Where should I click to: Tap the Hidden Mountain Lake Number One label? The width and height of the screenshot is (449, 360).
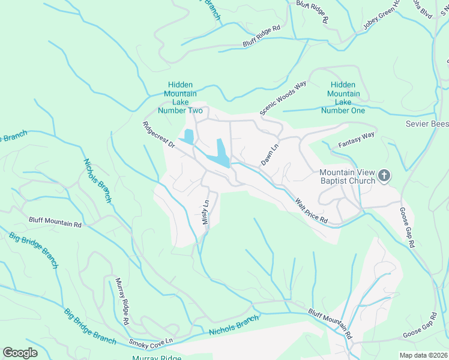coord(343,98)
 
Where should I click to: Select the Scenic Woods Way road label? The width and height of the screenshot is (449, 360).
coord(283,97)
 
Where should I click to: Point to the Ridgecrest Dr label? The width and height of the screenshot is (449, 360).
coord(158,136)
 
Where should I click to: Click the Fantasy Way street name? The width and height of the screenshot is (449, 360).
coord(356,140)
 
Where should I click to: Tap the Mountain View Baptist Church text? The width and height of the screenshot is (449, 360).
coord(347,176)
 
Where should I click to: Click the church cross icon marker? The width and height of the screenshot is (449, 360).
coord(384,176)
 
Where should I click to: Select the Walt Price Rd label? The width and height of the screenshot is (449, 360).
coord(311,211)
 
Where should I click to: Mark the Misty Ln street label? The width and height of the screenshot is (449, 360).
coord(206,212)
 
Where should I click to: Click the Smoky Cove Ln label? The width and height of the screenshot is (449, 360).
coord(151,341)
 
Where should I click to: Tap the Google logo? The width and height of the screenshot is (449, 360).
coord(20,353)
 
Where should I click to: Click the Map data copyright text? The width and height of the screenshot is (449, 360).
coord(423,355)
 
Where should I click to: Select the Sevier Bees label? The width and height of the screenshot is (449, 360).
coord(427,123)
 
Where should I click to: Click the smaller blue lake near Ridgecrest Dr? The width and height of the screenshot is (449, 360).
coord(188,137)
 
